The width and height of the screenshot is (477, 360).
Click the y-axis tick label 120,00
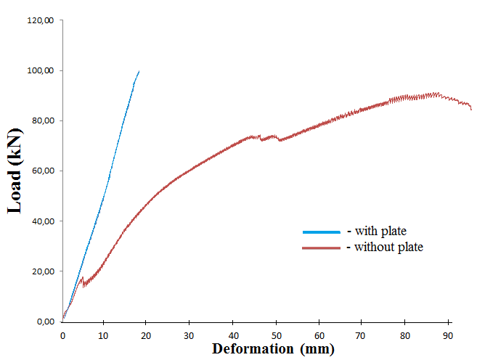tap(41, 20)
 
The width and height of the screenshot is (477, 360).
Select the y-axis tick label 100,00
tap(41, 70)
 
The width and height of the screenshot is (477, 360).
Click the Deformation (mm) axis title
tap(273, 349)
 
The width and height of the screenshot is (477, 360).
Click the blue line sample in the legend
tap(321, 232)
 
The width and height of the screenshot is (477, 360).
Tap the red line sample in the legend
tap(321, 247)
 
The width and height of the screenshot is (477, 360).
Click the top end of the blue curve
tap(139, 71)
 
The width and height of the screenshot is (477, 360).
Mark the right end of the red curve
tap(471, 110)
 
